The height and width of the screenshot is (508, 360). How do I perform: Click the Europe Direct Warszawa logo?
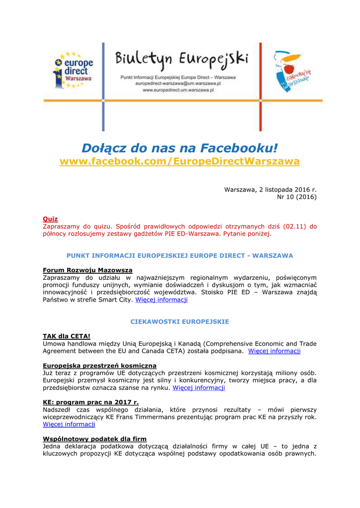point(73,71)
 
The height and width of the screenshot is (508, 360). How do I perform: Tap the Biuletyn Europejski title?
point(182,62)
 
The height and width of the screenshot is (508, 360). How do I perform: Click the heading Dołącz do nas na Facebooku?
point(180,148)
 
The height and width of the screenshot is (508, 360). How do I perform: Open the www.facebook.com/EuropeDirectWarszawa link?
point(180,162)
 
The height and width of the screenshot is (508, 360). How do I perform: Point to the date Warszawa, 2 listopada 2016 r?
point(270,190)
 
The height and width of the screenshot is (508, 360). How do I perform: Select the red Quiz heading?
point(50,219)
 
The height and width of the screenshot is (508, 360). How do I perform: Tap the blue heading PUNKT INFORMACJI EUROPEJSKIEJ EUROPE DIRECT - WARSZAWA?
point(180,255)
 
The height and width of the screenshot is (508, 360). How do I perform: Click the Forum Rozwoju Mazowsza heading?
point(87,270)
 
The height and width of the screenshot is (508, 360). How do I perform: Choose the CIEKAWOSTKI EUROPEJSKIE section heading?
point(180,321)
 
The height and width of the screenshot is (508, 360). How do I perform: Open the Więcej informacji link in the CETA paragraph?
point(274,351)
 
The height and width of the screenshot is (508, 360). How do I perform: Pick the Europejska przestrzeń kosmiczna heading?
point(99,366)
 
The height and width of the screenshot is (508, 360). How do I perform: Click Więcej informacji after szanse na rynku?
point(199,388)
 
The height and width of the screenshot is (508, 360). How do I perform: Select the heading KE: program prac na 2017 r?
point(91,402)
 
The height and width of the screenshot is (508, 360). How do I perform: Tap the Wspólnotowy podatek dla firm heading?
point(95,439)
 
